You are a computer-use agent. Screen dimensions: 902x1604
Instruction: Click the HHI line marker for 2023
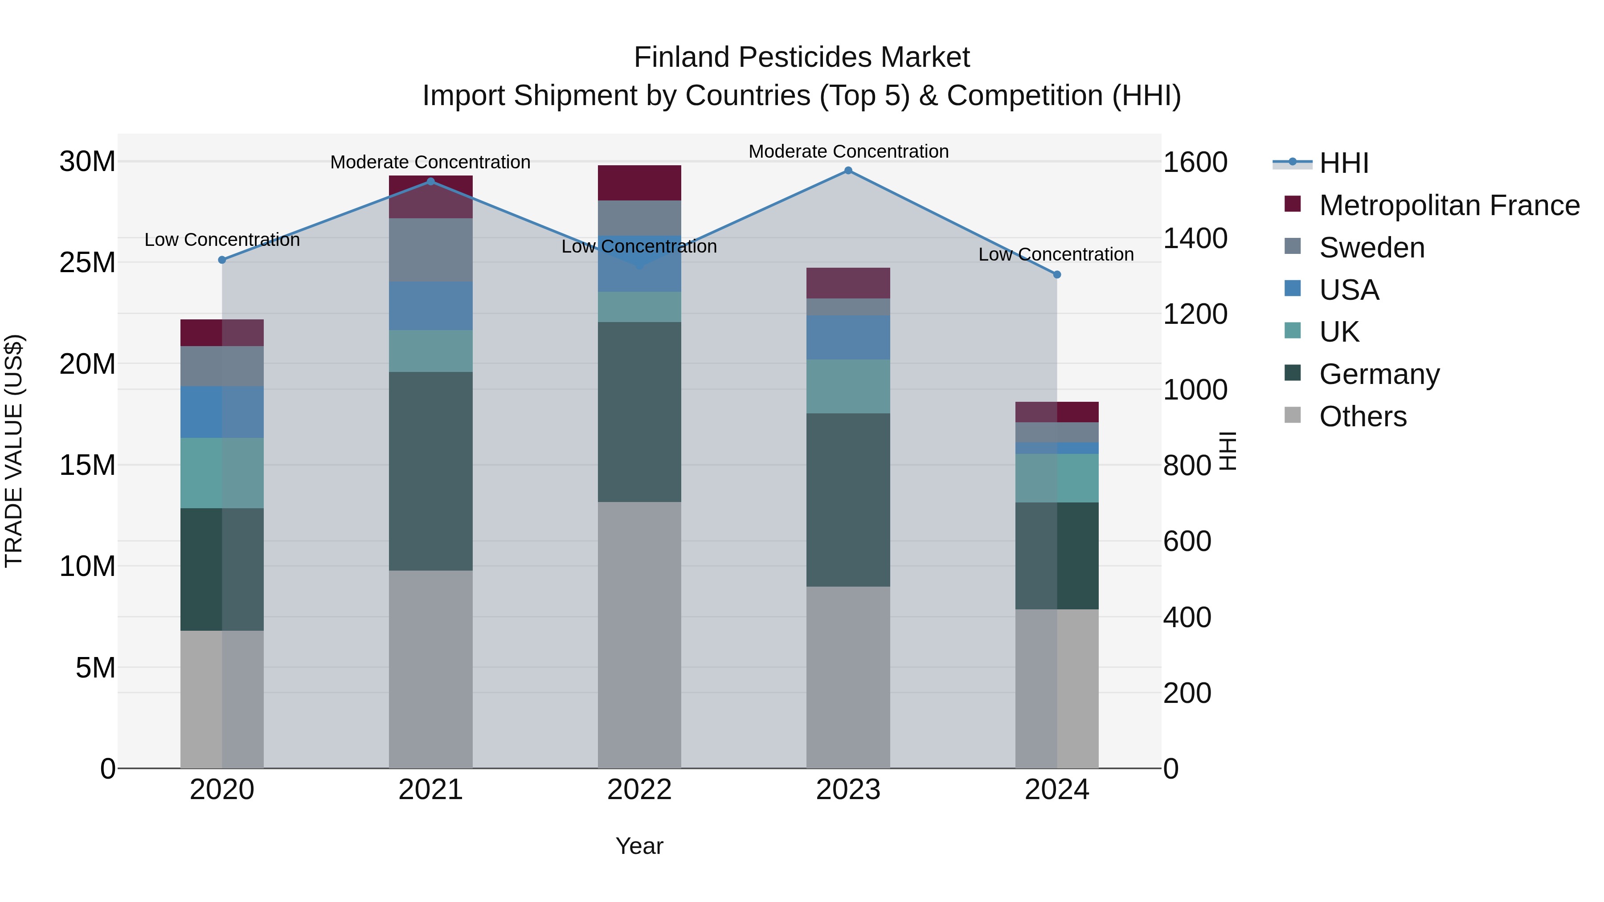pos(848,171)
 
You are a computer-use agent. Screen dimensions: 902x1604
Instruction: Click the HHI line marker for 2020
pos(222,260)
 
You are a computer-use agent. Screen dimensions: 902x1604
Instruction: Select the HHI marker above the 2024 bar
pos(1057,274)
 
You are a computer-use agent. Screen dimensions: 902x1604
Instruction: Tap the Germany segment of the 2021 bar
pos(430,471)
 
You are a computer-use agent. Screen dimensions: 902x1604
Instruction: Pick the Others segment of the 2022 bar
pos(639,635)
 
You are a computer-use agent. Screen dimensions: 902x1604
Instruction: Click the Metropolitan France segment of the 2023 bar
pos(848,283)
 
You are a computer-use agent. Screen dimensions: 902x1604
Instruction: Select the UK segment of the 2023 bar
pos(848,387)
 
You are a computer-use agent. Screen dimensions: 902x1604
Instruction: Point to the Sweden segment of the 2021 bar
pos(430,249)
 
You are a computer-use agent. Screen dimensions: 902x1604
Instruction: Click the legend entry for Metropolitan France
pos(1449,205)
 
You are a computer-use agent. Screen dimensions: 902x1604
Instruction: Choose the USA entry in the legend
pos(1349,290)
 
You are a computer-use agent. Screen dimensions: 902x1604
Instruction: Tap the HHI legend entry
pos(1344,163)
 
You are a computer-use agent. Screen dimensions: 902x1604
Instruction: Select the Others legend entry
pos(1363,416)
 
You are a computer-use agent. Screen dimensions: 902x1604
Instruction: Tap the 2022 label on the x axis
pos(639,790)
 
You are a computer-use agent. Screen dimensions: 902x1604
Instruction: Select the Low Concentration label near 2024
pos(1056,255)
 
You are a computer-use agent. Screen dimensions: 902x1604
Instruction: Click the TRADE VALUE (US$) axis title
pos(14,451)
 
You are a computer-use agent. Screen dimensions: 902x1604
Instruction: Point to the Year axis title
pos(639,846)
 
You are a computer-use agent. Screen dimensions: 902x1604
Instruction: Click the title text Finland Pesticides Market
pos(802,57)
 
